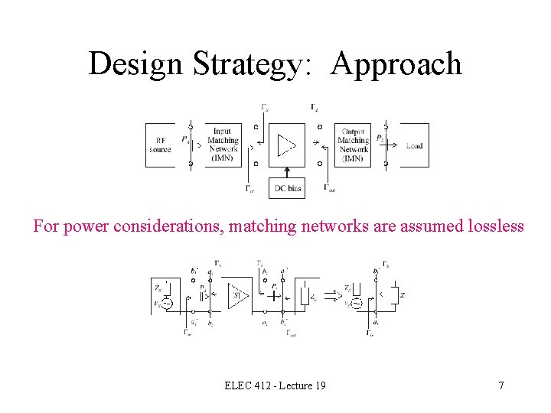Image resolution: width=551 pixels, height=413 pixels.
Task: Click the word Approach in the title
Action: pyautogui.click(x=396, y=64)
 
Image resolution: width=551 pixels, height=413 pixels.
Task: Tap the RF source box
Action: pyautogui.click(x=160, y=145)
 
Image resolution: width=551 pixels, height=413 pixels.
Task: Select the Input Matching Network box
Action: pyautogui.click(x=223, y=145)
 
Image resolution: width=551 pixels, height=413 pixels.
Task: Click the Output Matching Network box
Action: pyautogui.click(x=354, y=145)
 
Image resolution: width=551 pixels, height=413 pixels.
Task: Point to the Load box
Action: pyautogui.click(x=414, y=145)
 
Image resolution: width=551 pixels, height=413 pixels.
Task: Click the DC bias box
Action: pyautogui.click(x=286, y=188)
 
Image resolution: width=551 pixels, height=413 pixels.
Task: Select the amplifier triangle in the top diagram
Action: pyautogui.click(x=285, y=144)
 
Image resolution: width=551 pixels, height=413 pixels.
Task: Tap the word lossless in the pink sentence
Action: pyautogui.click(x=494, y=226)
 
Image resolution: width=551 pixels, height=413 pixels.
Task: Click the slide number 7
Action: pyautogui.click(x=501, y=385)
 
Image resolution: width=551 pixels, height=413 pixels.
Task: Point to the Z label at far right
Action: pyautogui.click(x=401, y=294)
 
